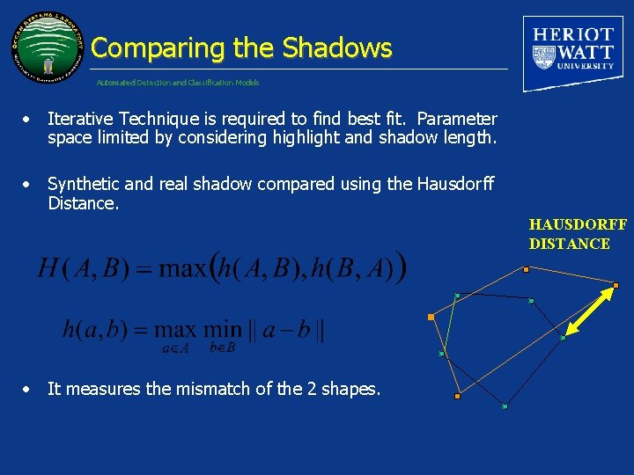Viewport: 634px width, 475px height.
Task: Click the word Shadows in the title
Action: pyautogui.click(x=337, y=47)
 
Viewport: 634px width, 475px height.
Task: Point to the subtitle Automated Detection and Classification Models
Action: pyautogui.click(x=178, y=83)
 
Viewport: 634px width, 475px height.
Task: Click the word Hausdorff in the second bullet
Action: pyautogui.click(x=454, y=184)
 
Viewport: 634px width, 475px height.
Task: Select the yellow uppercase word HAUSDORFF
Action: pyautogui.click(x=578, y=225)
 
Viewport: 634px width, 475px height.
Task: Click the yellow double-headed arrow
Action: pyautogui.click(x=589, y=311)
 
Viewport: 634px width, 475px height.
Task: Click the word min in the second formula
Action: pyautogui.click(x=222, y=331)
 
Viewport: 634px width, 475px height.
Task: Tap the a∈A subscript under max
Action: pyautogui.click(x=175, y=348)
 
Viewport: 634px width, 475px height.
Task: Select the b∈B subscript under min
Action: pyautogui.click(x=222, y=348)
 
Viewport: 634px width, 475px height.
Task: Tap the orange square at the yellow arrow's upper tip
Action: pyautogui.click(x=616, y=285)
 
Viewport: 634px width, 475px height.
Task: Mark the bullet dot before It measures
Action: pyautogui.click(x=29, y=389)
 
